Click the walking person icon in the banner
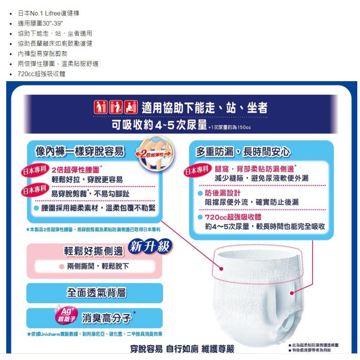click(x=101, y=107)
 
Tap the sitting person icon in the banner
click(x=131, y=107)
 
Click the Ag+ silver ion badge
click(x=66, y=314)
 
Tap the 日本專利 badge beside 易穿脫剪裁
click(x=35, y=190)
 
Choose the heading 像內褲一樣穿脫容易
click(x=80, y=151)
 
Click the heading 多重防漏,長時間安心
click(x=243, y=151)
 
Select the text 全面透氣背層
click(x=96, y=293)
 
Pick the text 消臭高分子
click(x=107, y=318)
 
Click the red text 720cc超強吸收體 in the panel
click(x=233, y=217)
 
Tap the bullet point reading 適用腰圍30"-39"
click(x=40, y=23)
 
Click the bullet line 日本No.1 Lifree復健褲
click(x=49, y=13)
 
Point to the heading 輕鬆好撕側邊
click(x=94, y=251)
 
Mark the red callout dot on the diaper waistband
click(x=221, y=269)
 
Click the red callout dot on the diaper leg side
click(x=292, y=293)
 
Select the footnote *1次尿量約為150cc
click(x=230, y=127)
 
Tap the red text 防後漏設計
click(x=223, y=193)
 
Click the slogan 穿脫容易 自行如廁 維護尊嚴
click(x=182, y=349)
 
